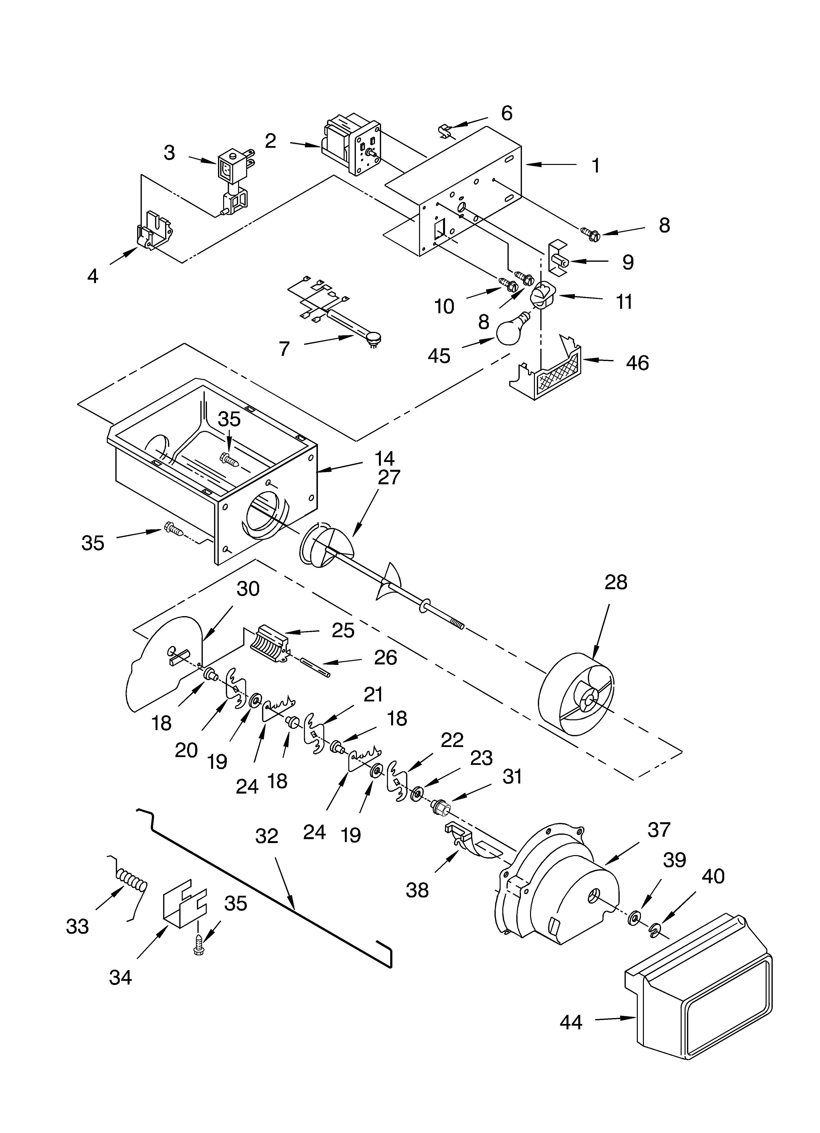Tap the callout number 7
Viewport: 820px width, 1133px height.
pyautogui.click(x=284, y=349)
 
